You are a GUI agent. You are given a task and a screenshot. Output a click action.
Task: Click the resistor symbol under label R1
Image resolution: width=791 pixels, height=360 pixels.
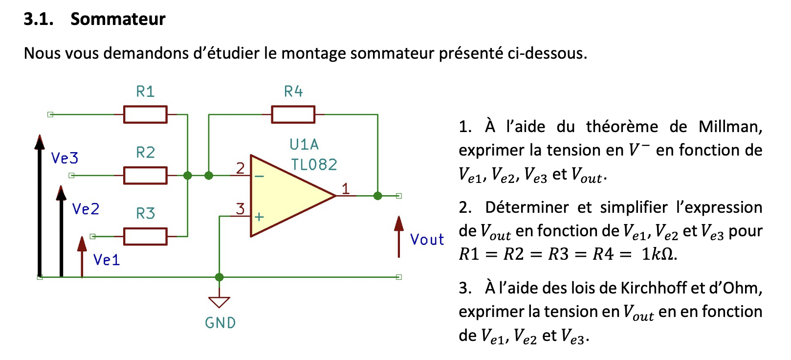point(145,114)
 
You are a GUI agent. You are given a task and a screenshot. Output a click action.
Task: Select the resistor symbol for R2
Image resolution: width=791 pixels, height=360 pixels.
point(145,175)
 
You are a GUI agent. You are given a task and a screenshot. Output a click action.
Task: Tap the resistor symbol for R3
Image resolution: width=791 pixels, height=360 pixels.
point(145,236)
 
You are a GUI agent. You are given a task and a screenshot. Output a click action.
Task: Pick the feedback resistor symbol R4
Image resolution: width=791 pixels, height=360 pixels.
point(293,114)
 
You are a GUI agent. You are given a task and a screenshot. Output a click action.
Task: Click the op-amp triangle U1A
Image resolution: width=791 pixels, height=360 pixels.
point(288,196)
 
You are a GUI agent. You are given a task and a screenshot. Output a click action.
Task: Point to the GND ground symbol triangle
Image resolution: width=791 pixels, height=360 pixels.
point(219,302)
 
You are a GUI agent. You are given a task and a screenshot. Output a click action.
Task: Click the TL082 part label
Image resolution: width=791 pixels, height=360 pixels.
point(314,165)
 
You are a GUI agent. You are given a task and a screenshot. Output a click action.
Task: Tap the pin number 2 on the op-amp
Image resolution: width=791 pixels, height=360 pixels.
point(240,168)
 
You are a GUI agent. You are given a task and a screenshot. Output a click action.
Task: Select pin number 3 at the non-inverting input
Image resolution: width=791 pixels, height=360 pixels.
point(240,209)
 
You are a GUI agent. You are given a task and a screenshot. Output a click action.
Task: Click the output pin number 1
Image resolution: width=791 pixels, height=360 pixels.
point(346,188)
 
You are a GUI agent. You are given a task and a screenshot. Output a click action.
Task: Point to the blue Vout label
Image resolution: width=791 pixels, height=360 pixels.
point(427,240)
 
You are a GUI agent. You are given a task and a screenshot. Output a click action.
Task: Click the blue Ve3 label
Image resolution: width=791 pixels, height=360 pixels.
point(65,158)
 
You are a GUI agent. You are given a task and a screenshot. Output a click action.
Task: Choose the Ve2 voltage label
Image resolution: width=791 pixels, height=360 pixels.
point(86,209)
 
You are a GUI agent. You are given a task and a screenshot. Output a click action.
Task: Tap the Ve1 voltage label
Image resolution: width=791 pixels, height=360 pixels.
point(107,260)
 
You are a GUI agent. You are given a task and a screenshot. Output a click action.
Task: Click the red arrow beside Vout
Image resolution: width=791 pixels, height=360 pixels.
point(399,237)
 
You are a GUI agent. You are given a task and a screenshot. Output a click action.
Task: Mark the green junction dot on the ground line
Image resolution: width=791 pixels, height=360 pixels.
point(219,277)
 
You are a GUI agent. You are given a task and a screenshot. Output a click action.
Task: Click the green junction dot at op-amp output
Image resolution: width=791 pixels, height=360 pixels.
point(377,196)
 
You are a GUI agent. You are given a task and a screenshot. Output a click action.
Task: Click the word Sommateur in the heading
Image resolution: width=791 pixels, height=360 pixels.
point(118,19)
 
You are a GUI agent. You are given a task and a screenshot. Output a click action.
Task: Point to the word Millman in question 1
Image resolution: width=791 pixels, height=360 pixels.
point(729,127)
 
